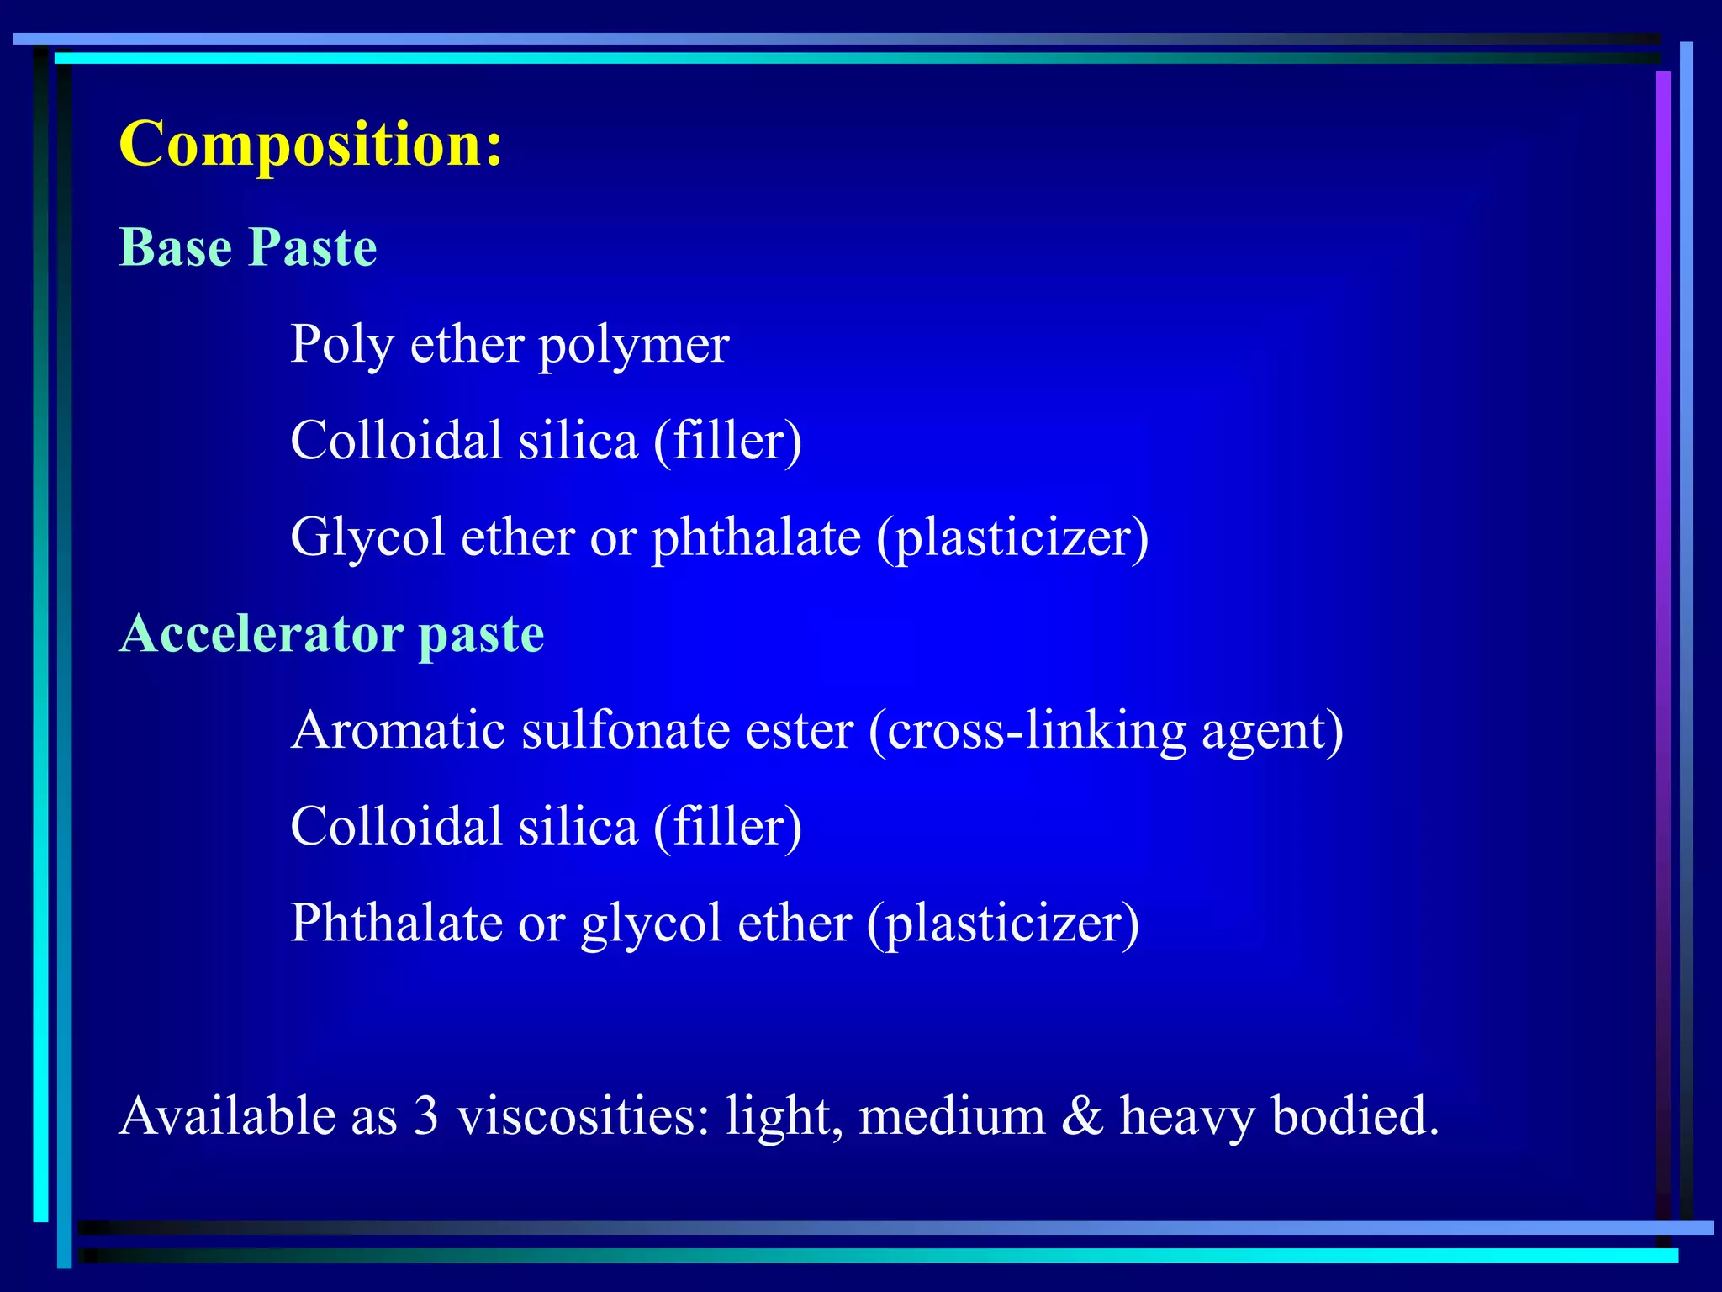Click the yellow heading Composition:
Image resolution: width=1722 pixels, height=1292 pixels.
point(310,144)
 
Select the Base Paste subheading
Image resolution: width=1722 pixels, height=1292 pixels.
point(247,247)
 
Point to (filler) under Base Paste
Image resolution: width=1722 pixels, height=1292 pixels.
point(727,441)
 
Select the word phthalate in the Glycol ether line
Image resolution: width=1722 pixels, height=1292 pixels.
point(756,537)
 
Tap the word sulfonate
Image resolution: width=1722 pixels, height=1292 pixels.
point(625,729)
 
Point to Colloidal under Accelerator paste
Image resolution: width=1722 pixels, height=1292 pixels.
point(396,826)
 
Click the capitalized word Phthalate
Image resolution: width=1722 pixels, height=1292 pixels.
point(396,923)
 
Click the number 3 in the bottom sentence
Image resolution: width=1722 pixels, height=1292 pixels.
point(426,1116)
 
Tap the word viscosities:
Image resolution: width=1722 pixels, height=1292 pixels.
point(584,1116)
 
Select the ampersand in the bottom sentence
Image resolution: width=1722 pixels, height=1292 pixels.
point(1082,1116)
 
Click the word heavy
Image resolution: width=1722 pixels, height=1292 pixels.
point(1186,1116)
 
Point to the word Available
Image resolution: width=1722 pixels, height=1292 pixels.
point(227,1116)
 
